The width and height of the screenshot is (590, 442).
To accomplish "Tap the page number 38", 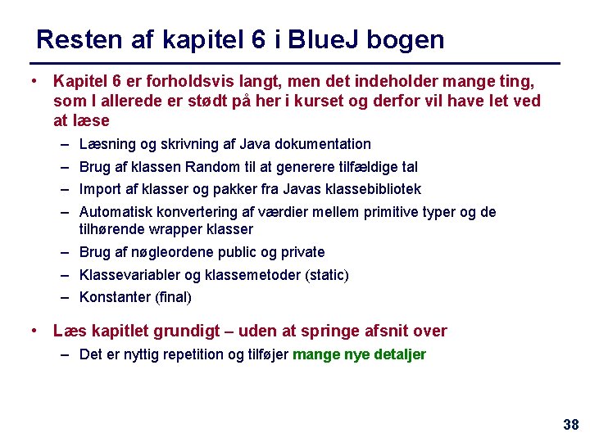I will (x=570, y=424).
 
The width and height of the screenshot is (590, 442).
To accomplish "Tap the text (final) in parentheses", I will (x=173, y=297).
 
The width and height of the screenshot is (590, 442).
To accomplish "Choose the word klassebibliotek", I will (x=374, y=189).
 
